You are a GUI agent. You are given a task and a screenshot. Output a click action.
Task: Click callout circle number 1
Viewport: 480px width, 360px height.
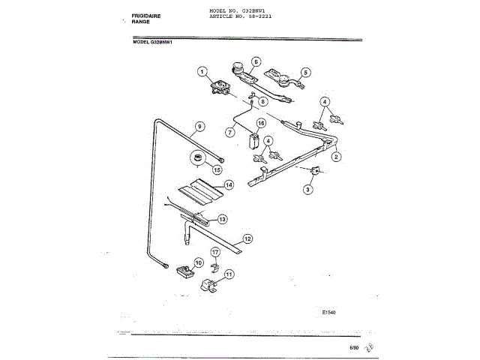(x=201, y=72)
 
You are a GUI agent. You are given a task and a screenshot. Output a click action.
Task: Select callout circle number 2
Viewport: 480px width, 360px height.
(x=337, y=157)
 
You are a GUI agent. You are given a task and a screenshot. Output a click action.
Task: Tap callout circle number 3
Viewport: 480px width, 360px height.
(x=307, y=190)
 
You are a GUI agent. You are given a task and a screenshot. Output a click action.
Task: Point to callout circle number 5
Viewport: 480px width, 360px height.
(x=305, y=73)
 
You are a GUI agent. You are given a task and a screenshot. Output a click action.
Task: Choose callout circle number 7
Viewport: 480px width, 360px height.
(x=231, y=131)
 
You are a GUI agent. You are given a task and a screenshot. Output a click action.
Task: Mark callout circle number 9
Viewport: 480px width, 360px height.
(x=199, y=126)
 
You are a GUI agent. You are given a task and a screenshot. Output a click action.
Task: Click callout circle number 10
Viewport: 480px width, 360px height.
(x=199, y=262)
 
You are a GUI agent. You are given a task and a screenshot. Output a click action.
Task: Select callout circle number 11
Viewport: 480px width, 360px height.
(x=229, y=274)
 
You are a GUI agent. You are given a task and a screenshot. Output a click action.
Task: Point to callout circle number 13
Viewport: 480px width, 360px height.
(x=222, y=219)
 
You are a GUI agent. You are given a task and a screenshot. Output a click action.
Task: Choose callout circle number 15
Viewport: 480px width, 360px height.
(x=217, y=170)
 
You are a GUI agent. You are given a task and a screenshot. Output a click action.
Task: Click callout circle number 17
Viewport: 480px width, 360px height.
(x=214, y=253)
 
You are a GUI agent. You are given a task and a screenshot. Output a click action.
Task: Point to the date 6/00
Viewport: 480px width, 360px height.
(x=354, y=347)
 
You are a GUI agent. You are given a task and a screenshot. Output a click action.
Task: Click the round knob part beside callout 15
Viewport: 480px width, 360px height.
(x=198, y=158)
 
